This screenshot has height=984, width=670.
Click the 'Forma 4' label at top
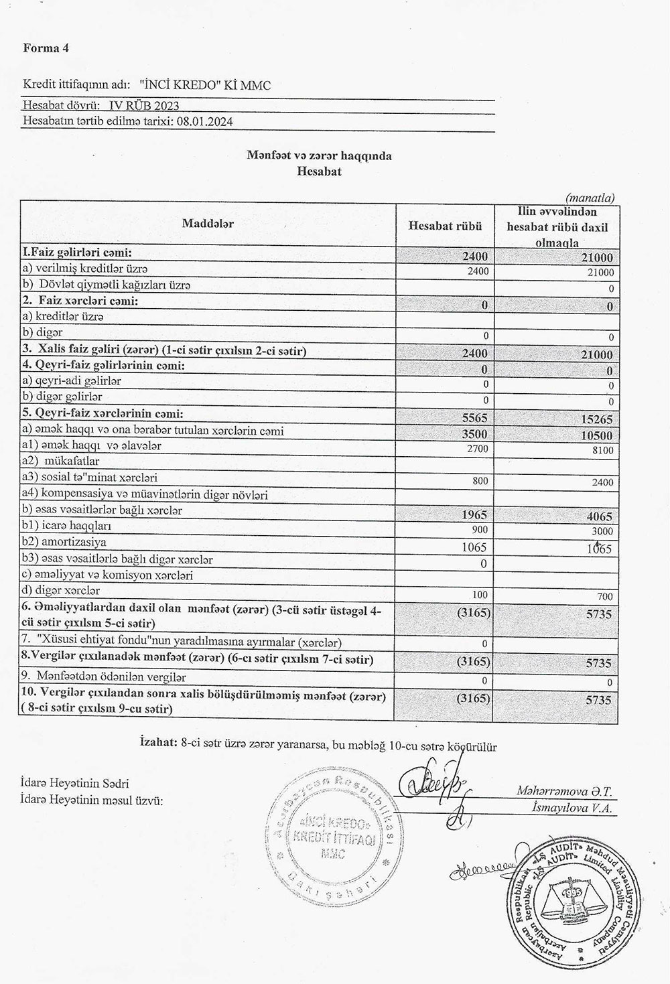[x=46, y=48]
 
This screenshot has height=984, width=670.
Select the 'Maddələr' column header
[x=208, y=224]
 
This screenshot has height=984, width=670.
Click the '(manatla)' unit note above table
[x=590, y=198]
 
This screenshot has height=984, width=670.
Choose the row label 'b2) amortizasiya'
[x=64, y=543]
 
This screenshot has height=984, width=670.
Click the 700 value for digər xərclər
[x=604, y=595]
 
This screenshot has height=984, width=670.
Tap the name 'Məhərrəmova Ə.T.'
[x=564, y=792]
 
